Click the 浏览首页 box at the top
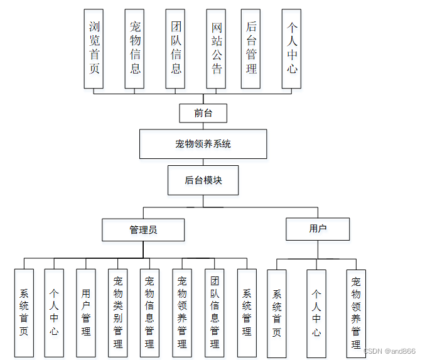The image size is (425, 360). pyautogui.click(x=94, y=48)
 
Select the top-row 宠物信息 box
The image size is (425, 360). pyautogui.click(x=134, y=48)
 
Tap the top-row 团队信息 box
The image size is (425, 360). pyautogui.click(x=175, y=48)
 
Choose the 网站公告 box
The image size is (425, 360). pyautogui.click(x=216, y=48)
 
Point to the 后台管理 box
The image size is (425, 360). pyautogui.click(x=250, y=48)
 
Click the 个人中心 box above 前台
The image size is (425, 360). pyautogui.click(x=291, y=48)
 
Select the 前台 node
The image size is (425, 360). pyautogui.click(x=203, y=113)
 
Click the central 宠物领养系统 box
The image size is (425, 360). pyautogui.click(x=203, y=144)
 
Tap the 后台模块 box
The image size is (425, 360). pyautogui.click(x=203, y=180)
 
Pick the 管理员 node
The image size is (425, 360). pyautogui.click(x=143, y=230)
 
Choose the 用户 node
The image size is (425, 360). pyautogui.click(x=318, y=229)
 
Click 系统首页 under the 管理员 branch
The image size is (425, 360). pyautogui.click(x=23, y=313)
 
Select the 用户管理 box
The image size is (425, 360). pyautogui.click(x=85, y=313)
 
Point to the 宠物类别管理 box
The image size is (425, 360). pyautogui.click(x=117, y=313)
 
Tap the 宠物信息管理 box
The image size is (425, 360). pyautogui.click(x=149, y=313)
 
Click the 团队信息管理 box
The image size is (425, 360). pyautogui.click(x=215, y=313)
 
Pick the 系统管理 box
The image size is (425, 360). pyautogui.click(x=247, y=313)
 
